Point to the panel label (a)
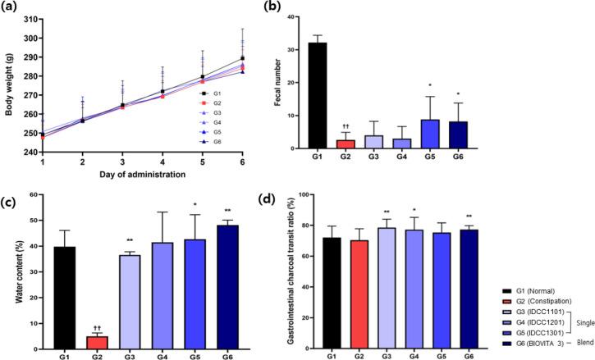point(10,7)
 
